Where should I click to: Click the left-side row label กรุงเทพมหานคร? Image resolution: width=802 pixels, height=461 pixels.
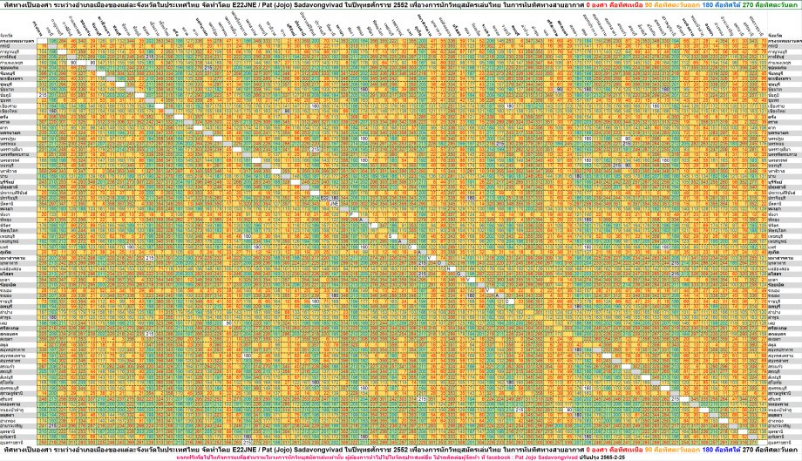[17, 40]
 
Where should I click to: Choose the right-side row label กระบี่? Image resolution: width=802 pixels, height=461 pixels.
[774, 45]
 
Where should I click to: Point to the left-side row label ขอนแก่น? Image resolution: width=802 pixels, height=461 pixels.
[13, 66]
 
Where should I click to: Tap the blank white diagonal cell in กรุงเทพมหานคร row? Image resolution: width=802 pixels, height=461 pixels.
[42, 40]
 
